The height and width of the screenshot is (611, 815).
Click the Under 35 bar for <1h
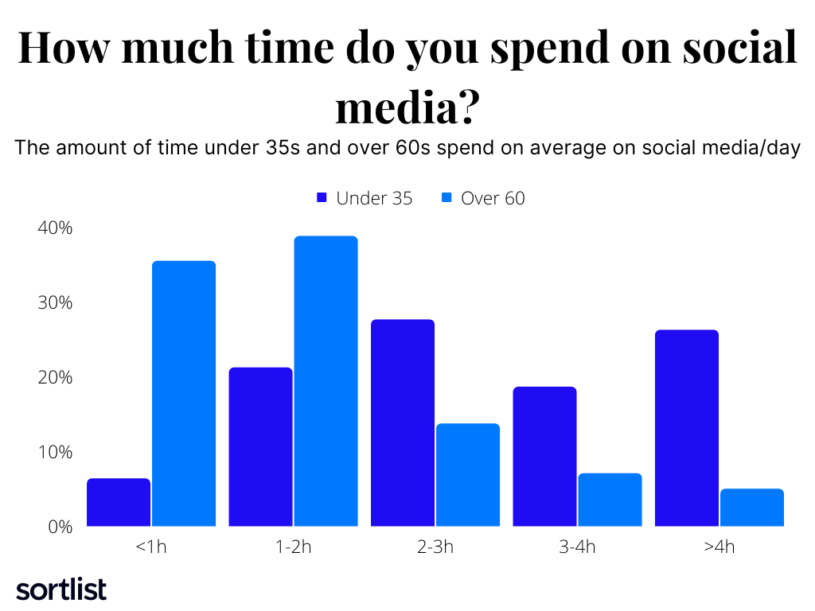click(119, 502)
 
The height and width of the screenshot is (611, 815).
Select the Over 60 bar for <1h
click(184, 394)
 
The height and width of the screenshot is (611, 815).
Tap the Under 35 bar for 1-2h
click(260, 446)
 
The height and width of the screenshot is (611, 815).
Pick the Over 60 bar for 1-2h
click(326, 381)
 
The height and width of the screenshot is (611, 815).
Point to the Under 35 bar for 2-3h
click(403, 422)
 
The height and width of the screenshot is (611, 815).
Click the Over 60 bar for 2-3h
click(468, 475)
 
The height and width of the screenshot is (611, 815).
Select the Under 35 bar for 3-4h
click(544, 457)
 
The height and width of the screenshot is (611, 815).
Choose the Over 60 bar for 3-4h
click(610, 500)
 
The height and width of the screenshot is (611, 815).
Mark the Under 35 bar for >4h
click(687, 428)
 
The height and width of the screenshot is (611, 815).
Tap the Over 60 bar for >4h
click(752, 508)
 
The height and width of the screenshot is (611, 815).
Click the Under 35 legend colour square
click(322, 198)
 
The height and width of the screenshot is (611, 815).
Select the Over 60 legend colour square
click(446, 198)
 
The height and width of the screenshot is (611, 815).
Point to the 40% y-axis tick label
click(55, 228)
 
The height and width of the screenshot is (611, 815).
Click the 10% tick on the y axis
click(55, 452)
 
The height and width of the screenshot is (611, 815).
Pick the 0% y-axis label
click(60, 527)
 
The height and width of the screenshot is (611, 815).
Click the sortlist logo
click(61, 589)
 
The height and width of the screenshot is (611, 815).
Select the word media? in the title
click(407, 107)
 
